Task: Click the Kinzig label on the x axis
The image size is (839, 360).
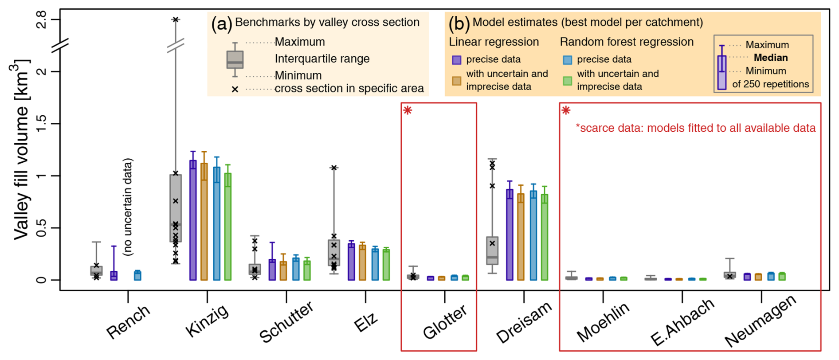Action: click(x=207, y=321)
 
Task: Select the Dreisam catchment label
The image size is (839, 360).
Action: click(x=524, y=322)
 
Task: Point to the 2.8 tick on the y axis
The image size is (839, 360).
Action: click(x=41, y=20)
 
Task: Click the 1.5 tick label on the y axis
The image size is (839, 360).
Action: click(x=41, y=124)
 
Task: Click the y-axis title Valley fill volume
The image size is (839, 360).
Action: click(x=21, y=151)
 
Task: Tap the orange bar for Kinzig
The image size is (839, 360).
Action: click(x=204, y=222)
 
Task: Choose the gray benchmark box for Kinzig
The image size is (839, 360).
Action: click(x=176, y=208)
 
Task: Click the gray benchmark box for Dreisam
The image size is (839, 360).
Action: click(x=492, y=250)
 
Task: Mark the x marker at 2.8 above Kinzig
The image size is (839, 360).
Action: click(x=176, y=20)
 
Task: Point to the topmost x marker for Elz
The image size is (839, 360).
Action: click(x=334, y=168)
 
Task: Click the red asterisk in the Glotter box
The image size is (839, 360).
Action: click(x=408, y=110)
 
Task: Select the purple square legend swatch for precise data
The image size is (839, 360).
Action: click(x=456, y=60)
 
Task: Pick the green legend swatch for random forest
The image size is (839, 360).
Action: click(x=567, y=81)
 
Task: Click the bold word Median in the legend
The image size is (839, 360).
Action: click(x=771, y=58)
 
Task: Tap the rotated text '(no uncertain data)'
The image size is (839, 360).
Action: click(x=128, y=207)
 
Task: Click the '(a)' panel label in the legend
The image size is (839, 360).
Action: click(x=221, y=23)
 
